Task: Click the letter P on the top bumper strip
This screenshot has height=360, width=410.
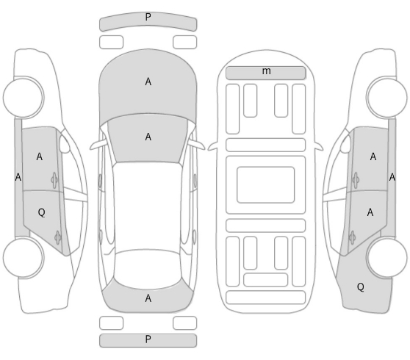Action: [x=148, y=17]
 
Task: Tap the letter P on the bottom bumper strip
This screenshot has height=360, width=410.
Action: [x=148, y=339]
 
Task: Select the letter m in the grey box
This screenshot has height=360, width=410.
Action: [x=266, y=71]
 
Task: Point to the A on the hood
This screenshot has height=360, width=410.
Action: [x=148, y=82]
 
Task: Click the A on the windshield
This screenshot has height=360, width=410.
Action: [x=148, y=137]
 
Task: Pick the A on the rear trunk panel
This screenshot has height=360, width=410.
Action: [x=148, y=298]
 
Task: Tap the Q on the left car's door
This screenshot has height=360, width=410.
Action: [x=41, y=212]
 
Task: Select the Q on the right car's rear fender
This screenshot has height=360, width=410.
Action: [x=361, y=287]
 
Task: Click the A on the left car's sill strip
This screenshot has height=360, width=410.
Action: [x=18, y=177]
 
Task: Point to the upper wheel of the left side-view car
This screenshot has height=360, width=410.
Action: [x=24, y=97]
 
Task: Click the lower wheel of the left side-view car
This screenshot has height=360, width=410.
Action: [x=24, y=258]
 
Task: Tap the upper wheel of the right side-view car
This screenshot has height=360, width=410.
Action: [x=386, y=97]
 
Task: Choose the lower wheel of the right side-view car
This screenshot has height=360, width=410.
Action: [x=386, y=258]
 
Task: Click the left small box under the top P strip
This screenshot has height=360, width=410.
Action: [x=111, y=42]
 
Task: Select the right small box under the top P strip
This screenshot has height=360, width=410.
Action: [x=184, y=42]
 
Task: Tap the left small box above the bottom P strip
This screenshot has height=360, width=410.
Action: [x=111, y=323]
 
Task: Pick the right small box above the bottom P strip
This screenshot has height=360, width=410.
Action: [x=184, y=323]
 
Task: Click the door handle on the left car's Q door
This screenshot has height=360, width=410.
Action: [x=57, y=237]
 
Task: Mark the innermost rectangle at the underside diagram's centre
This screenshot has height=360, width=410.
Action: [x=266, y=184]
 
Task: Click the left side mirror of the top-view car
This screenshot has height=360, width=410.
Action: [x=98, y=145]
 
